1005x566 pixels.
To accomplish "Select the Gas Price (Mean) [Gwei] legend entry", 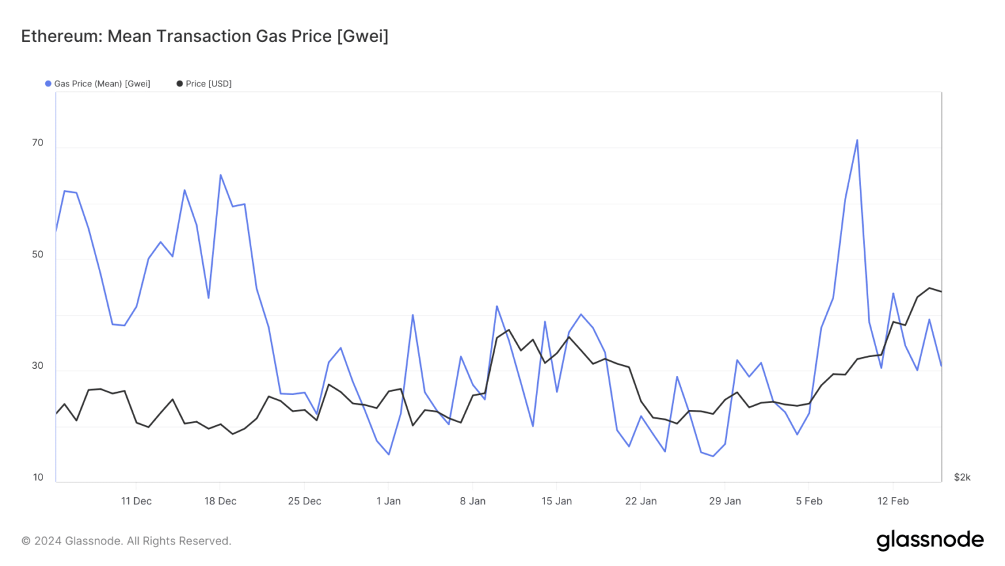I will [x=98, y=84].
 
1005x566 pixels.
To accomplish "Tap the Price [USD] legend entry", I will [x=204, y=84].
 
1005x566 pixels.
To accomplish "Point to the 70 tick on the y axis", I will [x=38, y=143].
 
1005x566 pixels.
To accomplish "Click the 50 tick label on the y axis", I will [x=38, y=255].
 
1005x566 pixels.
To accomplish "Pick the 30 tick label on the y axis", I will [x=38, y=366].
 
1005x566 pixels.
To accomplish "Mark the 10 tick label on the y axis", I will [x=38, y=478].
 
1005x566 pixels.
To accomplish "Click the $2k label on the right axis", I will [x=962, y=478].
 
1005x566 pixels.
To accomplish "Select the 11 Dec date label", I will [x=136, y=501].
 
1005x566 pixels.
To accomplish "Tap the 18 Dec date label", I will [x=220, y=501].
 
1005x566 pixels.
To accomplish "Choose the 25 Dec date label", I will [x=304, y=501].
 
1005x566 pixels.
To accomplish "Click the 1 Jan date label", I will [x=389, y=501].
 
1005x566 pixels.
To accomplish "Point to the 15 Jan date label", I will [x=557, y=501].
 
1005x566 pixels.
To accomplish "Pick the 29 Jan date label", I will [x=725, y=501].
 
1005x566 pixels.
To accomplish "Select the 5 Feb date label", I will [x=809, y=501].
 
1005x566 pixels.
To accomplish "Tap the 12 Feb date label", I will [x=893, y=501].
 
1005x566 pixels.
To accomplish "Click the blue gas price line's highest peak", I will [x=857, y=140].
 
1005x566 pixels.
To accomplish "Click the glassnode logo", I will [x=930, y=540].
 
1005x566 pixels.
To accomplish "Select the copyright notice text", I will [x=126, y=541].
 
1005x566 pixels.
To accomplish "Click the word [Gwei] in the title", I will [x=362, y=36].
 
